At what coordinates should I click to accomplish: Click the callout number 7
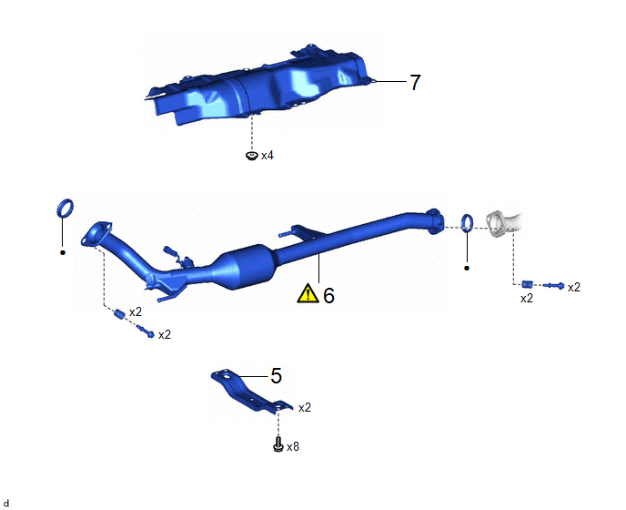415,82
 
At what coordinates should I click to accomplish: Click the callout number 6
328,296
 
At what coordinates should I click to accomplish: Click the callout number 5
277,376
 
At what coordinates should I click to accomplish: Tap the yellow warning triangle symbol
308,293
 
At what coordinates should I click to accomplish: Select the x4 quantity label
268,156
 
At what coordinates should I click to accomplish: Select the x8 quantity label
293,446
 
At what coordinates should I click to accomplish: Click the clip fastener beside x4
251,156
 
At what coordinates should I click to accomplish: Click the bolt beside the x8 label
278,444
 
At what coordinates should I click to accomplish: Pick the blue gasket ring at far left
66,208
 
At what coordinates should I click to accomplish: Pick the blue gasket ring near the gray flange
468,223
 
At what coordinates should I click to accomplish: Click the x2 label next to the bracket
305,407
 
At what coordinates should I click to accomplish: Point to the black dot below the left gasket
62,252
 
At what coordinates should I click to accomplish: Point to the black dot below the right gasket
467,268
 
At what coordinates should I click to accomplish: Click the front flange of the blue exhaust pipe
96,233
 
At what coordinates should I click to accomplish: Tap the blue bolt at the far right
554,285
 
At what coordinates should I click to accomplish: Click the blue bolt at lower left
146,331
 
